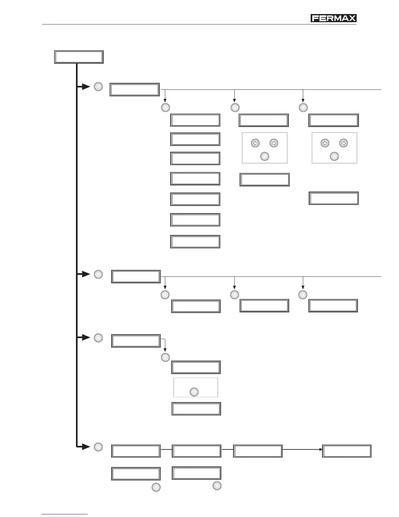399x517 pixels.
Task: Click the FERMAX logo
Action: (x=333, y=18)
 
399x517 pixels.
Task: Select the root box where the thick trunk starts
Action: (x=79, y=57)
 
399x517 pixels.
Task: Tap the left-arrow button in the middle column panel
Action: (x=255, y=143)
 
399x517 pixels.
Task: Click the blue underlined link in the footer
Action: (x=65, y=514)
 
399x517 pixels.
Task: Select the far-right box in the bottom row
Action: (x=347, y=451)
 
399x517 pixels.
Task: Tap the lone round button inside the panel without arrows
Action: (x=194, y=392)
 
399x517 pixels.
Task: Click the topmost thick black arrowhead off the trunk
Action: (x=85, y=87)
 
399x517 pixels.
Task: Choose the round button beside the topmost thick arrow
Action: (x=98, y=86)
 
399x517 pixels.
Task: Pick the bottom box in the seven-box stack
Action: (x=195, y=242)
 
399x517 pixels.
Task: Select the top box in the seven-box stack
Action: (x=195, y=120)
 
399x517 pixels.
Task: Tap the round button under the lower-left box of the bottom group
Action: (x=156, y=487)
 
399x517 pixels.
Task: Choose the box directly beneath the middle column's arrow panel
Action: (x=265, y=180)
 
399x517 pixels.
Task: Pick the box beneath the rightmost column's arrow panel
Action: (x=334, y=198)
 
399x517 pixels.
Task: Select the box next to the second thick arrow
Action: (x=136, y=276)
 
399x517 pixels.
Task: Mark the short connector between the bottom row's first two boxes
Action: (x=166, y=450)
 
